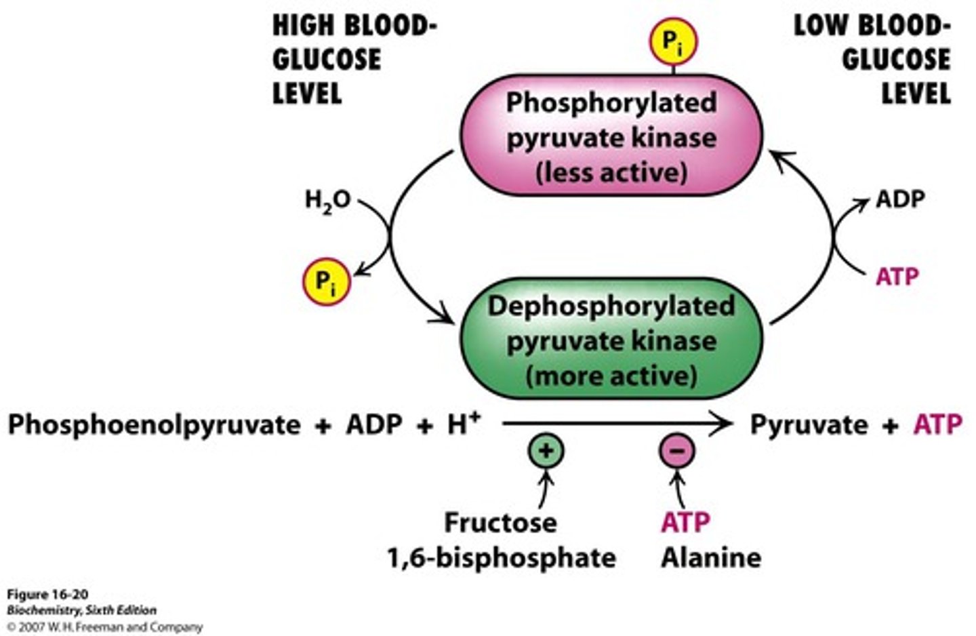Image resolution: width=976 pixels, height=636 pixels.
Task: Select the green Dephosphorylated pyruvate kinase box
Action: pos(611,339)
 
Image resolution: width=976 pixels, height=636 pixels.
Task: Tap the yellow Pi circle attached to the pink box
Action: pos(672,43)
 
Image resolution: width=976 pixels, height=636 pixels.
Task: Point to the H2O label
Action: pos(327,200)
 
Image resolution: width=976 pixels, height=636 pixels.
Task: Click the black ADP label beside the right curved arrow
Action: pos(900,199)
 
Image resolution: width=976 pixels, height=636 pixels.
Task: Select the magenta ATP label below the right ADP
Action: pos(897,277)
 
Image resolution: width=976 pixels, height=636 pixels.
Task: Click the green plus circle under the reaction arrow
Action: pos(546,451)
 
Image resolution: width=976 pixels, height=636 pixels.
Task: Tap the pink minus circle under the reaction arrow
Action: pos(676,451)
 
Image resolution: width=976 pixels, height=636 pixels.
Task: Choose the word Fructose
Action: pos(500,522)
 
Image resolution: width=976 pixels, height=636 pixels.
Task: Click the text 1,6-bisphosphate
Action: pos(502,558)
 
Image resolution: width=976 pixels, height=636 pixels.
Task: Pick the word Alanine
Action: pos(711,558)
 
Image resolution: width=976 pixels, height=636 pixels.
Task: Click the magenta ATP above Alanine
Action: pos(685,522)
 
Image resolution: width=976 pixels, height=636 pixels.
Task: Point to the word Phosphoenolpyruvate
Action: pos(154,425)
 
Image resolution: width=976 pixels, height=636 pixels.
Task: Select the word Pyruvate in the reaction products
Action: pos(809,425)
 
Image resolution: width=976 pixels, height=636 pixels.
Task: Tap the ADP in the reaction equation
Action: pos(375,425)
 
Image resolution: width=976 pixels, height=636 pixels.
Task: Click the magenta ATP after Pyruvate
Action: pos(937,425)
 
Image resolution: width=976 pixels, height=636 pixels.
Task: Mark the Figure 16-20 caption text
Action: pos(47,595)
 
